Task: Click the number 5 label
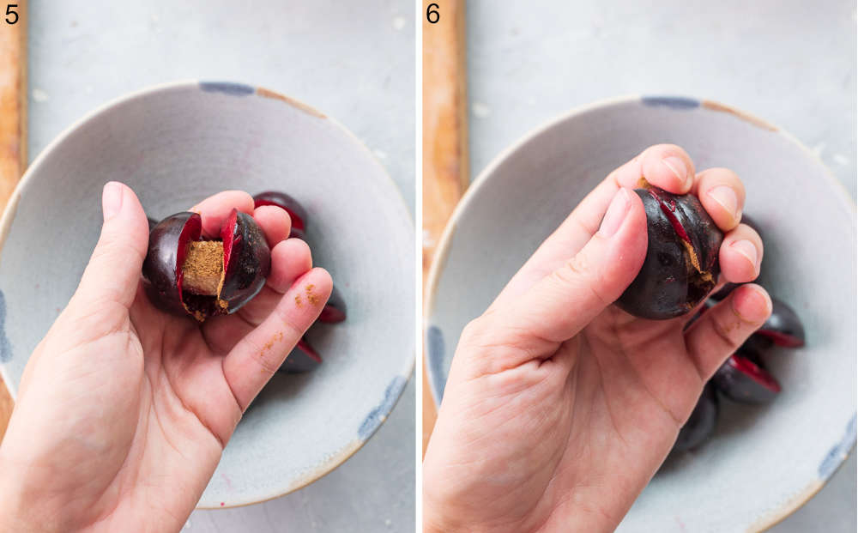click(11, 14)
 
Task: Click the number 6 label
click(433, 14)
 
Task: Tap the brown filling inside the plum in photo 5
click(204, 268)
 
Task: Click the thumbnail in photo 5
click(112, 201)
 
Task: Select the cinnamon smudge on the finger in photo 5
click(312, 296)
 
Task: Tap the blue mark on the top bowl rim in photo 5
click(227, 88)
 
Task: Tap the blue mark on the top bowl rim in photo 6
click(670, 102)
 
